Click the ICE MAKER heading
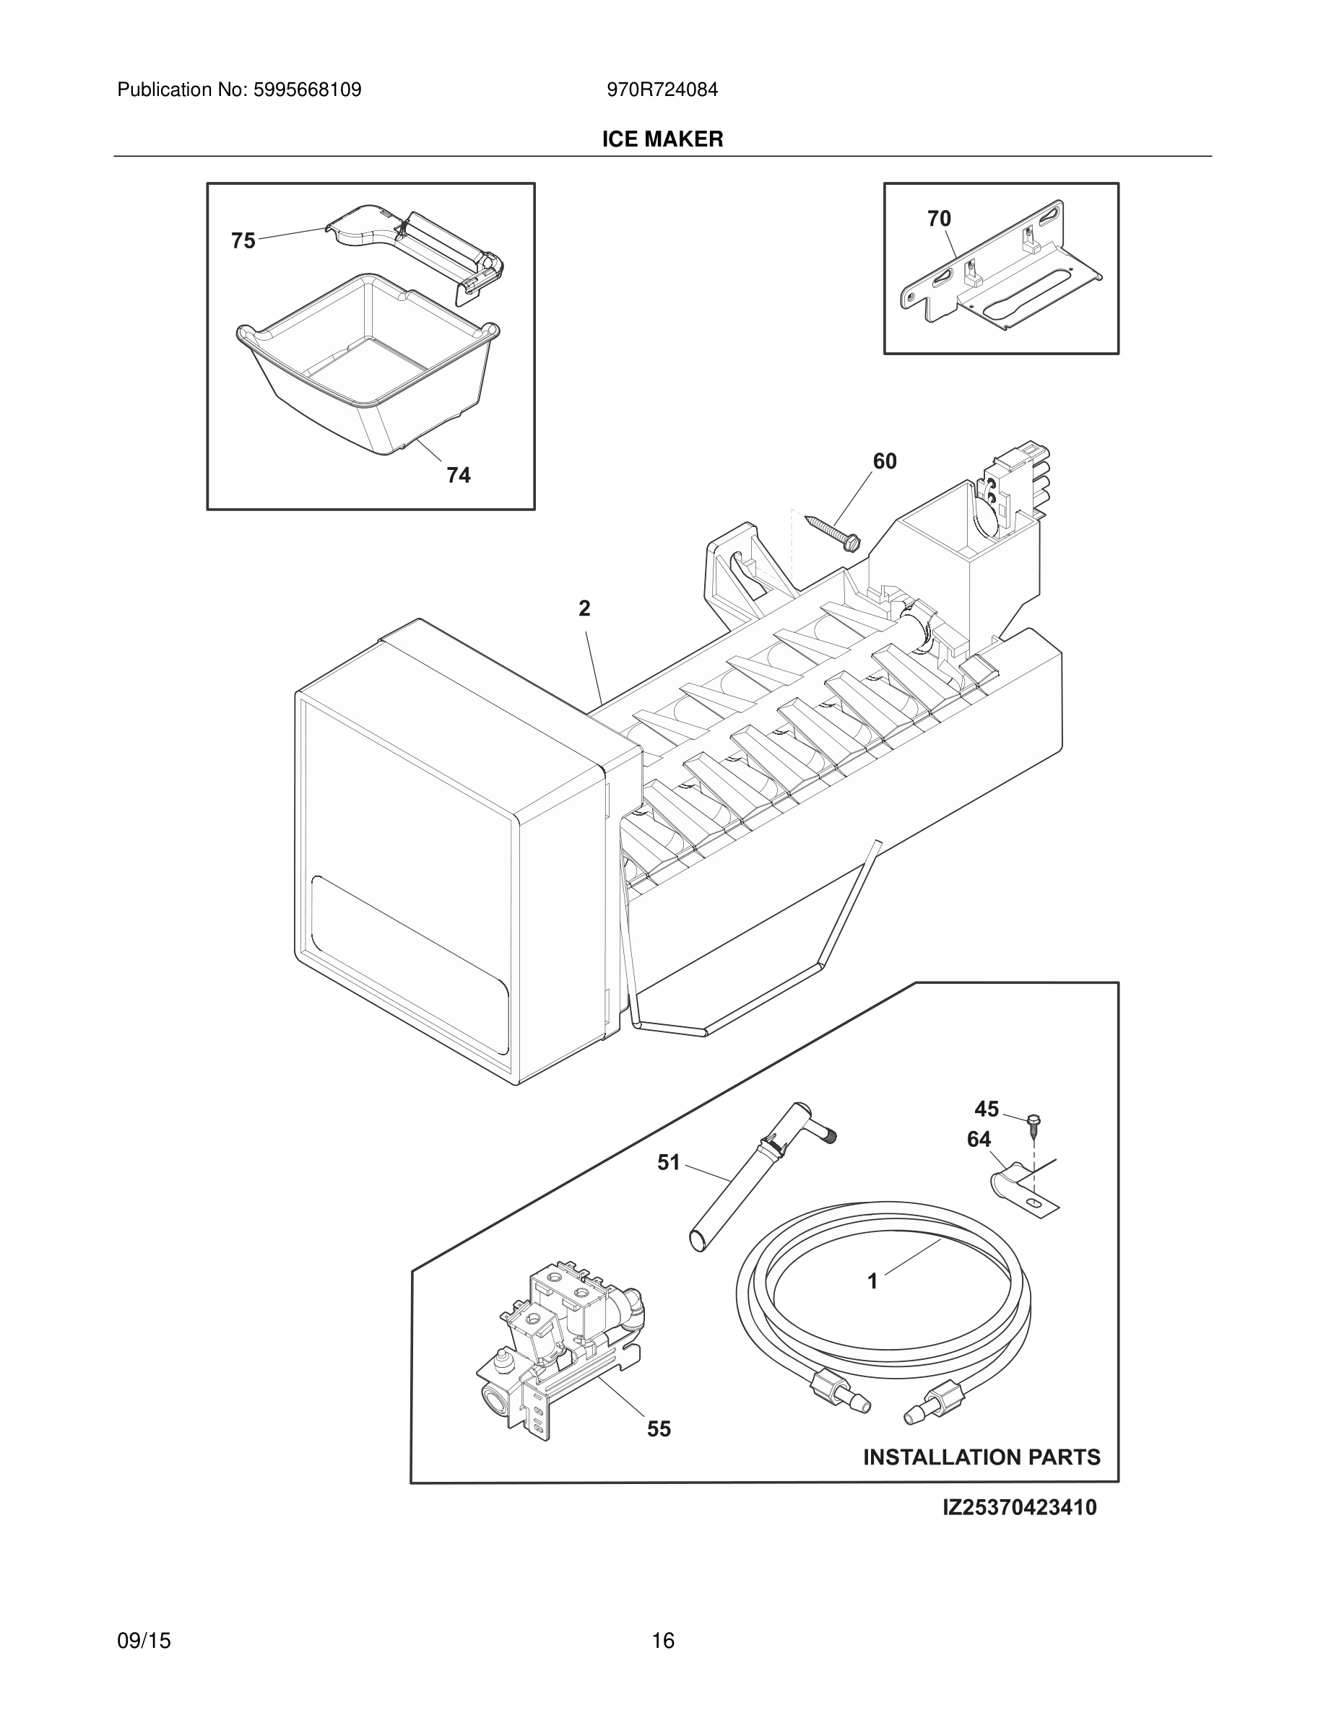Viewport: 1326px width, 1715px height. (x=662, y=139)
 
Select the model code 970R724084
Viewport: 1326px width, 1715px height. (x=662, y=90)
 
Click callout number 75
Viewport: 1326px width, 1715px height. (x=243, y=240)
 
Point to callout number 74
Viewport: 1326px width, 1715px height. (x=459, y=474)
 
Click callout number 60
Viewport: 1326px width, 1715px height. (x=885, y=461)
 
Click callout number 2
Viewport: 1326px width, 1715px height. (x=584, y=608)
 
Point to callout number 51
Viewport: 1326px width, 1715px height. (x=669, y=1162)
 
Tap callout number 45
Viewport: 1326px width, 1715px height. (x=987, y=1109)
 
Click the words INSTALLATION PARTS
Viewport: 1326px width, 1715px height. (x=981, y=1457)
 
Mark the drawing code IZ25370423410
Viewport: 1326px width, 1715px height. (x=1019, y=1507)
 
